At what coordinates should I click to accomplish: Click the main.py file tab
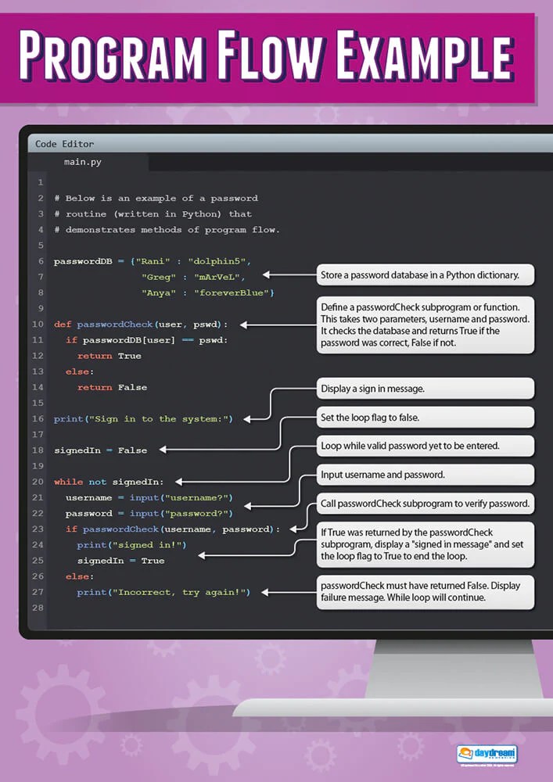pyautogui.click(x=83, y=163)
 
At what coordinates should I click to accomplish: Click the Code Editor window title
pyautogui.click(x=64, y=144)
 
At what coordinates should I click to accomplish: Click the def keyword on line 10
pyautogui.click(x=62, y=324)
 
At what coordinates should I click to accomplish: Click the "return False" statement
pyautogui.click(x=112, y=387)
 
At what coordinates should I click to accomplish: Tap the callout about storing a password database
pyautogui.click(x=426, y=275)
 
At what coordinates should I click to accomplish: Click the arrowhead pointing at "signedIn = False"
pyautogui.click(x=164, y=450)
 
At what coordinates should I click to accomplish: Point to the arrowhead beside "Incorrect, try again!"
pyautogui.click(x=265, y=593)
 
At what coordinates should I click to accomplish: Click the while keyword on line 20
pyautogui.click(x=67, y=482)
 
